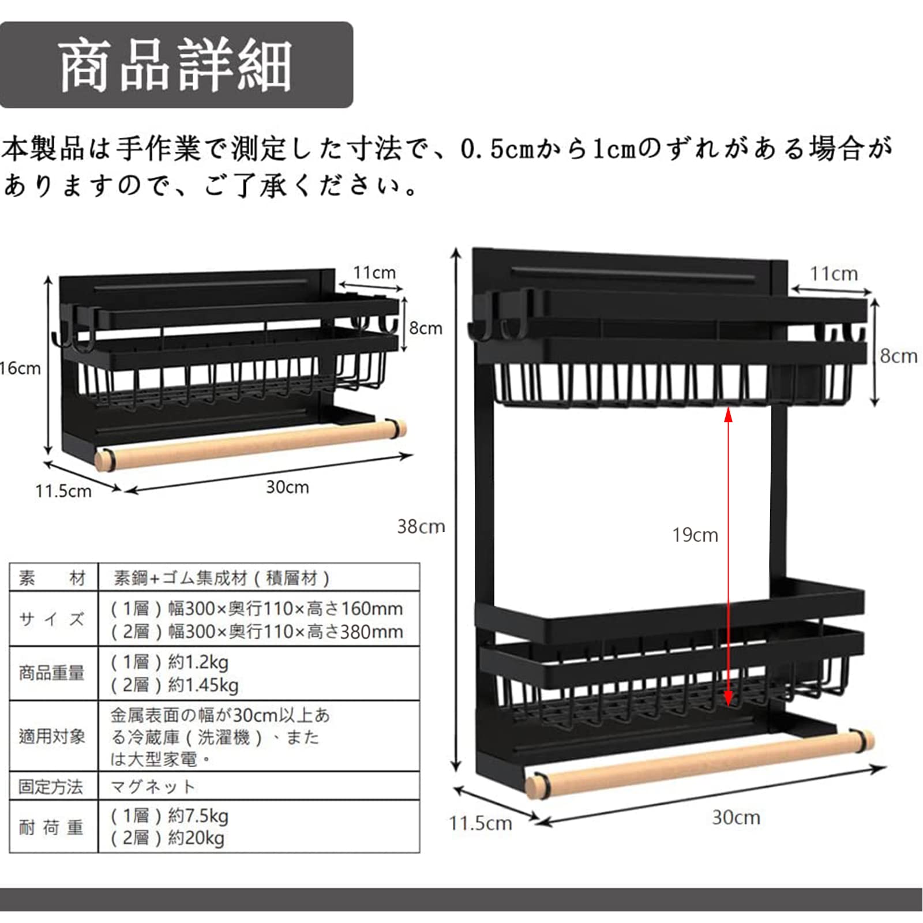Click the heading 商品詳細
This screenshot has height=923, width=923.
click(175, 66)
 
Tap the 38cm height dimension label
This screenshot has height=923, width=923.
click(421, 526)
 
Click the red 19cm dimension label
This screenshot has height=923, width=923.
click(695, 535)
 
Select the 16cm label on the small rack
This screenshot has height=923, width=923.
click(20, 368)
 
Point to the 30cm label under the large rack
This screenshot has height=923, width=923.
click(736, 817)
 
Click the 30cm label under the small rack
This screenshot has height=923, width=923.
click(287, 487)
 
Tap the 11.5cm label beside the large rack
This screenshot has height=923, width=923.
click(480, 823)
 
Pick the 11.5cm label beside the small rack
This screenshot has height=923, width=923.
click(63, 491)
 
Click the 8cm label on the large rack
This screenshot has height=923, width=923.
click(898, 356)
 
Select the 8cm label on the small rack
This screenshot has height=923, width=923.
click(425, 328)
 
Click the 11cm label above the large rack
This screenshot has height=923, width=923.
click(833, 273)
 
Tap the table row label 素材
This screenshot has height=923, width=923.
click(52, 577)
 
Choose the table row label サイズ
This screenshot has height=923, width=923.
click(52, 619)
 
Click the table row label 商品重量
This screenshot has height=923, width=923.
click(52, 673)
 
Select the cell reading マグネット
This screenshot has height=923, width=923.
click(152, 786)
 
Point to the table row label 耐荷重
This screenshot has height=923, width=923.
click(52, 827)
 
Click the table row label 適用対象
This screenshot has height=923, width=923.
click(52, 736)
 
